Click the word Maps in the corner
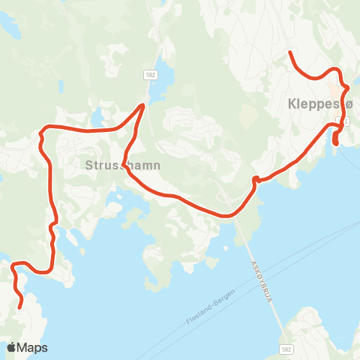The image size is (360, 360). pyautogui.click(x=32, y=347)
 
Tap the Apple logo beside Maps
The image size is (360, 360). pyautogui.click(x=12, y=346)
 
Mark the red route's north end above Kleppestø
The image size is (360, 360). pyautogui.click(x=290, y=52)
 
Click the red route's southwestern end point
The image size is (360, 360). pyautogui.click(x=19, y=306)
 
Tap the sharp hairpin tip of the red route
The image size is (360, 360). pyautogui.click(x=144, y=105)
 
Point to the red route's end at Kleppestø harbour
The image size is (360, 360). pyautogui.click(x=335, y=144)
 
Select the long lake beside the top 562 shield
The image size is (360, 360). pyautogui.click(x=163, y=79)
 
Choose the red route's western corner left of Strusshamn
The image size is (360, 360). pyautogui.click(x=41, y=135)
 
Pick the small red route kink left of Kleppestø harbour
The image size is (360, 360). pyautogui.click(x=256, y=178)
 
